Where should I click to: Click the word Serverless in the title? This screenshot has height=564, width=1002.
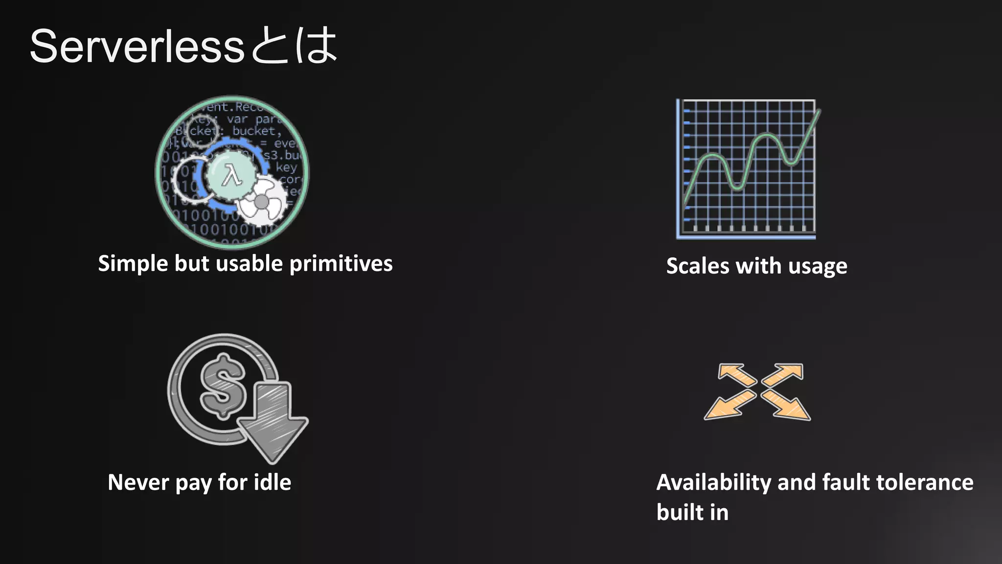[137, 47]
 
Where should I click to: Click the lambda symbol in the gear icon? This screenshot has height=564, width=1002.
[231, 175]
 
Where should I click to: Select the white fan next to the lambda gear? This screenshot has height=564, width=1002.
[262, 201]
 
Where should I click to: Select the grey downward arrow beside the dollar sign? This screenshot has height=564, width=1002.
[272, 421]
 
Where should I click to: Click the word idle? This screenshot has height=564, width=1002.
[272, 482]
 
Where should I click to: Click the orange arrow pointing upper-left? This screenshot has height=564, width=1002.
[736, 375]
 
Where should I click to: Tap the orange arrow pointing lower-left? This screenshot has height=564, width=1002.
[728, 406]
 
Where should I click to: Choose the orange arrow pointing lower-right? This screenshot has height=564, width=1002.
[786, 406]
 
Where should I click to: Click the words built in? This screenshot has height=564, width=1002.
[692, 512]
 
